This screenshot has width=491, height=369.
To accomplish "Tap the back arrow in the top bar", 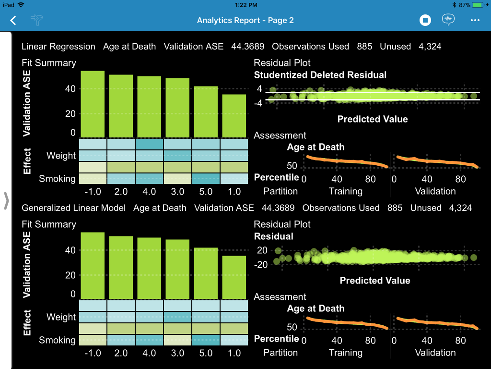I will click(13, 20).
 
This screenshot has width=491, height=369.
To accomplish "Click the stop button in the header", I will click(425, 20).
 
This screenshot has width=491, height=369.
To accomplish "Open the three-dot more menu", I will click(475, 20).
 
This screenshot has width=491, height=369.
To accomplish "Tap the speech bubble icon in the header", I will click(448, 20).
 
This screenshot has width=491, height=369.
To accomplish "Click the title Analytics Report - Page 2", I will click(245, 20).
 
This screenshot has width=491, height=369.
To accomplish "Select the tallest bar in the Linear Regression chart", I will click(93, 104).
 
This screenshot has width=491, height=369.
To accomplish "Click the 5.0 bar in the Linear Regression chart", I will click(206, 111).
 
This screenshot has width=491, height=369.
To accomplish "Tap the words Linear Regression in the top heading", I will click(58, 47).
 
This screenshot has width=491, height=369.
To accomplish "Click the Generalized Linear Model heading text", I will click(74, 208).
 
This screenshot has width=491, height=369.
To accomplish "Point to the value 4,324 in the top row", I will click(430, 47).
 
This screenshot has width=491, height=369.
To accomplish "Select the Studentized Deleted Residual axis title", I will click(320, 75).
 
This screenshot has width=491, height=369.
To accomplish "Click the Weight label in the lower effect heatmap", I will click(61, 317).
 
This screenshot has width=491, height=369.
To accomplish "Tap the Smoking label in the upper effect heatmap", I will click(57, 179).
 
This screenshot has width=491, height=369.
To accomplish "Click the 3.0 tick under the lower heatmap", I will click(177, 353).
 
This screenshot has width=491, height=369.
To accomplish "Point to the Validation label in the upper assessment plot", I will click(435, 191).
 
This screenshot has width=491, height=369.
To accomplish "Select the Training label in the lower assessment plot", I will click(345, 353).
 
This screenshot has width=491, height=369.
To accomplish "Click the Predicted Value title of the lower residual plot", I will click(375, 281).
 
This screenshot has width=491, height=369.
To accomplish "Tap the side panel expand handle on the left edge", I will click(6, 201).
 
